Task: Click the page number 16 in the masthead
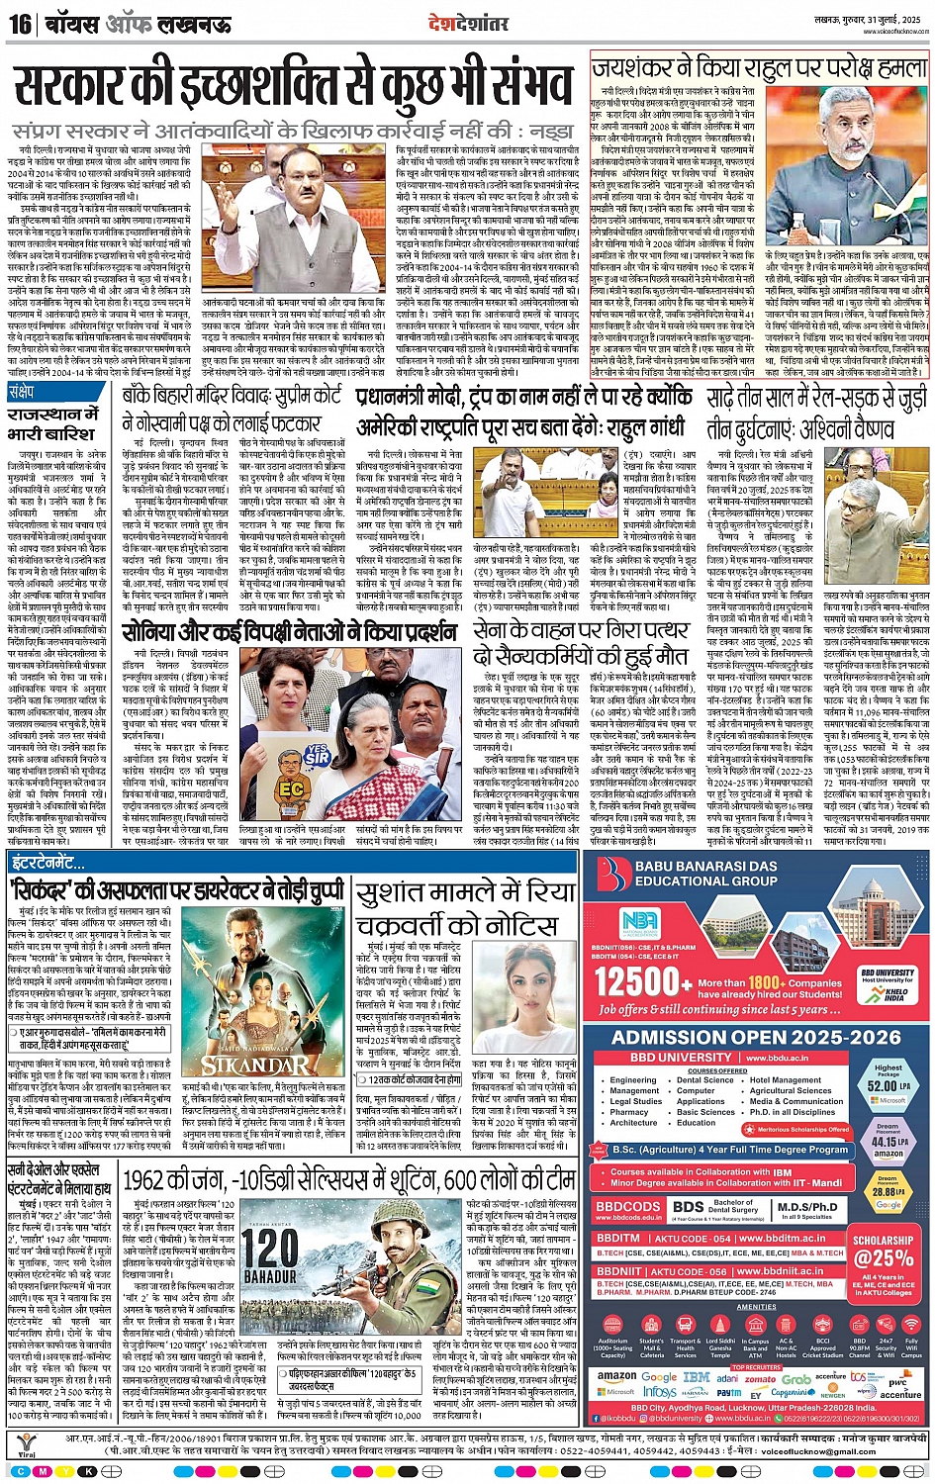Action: [20, 23]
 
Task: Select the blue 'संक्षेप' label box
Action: [22, 392]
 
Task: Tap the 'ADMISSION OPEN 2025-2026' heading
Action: [756, 1037]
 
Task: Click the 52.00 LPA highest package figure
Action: [888, 1085]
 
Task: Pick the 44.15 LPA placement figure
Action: [888, 1142]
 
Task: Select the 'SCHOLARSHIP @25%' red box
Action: [883, 1251]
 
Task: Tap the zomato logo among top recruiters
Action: [760, 1378]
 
